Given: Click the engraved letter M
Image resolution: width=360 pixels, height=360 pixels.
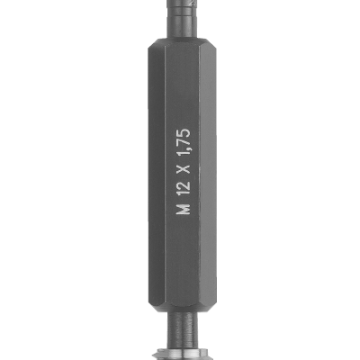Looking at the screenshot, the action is point(183,209).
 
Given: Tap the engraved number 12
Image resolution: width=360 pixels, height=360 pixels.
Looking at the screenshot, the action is point(183,187).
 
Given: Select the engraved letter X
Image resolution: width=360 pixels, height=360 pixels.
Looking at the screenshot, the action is point(183,167).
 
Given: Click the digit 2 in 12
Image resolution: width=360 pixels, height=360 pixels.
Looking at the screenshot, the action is point(183,184).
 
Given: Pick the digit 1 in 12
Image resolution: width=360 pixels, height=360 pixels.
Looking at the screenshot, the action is point(183,192).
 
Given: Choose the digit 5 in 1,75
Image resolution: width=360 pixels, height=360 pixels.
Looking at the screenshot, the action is point(183,131).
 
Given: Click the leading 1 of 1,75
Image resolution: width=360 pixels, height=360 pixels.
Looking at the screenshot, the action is point(183,151).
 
